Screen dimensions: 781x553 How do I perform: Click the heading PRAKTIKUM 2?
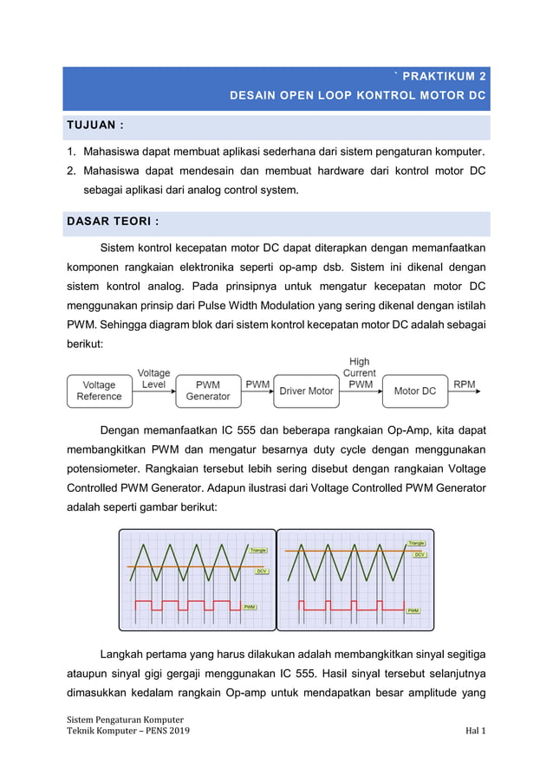tap(446, 76)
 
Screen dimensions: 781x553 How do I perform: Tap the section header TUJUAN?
tap(95, 126)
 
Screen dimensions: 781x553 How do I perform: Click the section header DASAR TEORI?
tap(113, 222)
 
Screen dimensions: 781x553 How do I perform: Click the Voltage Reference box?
tap(100, 390)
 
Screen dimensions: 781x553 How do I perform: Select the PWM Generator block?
tap(208, 390)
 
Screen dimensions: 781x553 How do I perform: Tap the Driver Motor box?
tap(306, 390)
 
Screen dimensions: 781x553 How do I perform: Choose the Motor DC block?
tap(414, 390)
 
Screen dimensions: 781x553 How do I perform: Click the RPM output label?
tap(465, 384)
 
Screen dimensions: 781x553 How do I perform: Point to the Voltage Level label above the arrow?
tap(154, 378)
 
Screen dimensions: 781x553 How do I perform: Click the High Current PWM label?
tap(359, 373)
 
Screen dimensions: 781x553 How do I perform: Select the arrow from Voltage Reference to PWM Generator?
tap(154, 391)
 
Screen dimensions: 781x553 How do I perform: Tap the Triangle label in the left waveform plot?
tap(257, 550)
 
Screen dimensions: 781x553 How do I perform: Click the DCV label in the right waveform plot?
tap(420, 554)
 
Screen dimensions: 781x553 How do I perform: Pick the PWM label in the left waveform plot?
tap(250, 607)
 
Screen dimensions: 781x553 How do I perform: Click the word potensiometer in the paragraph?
tap(102, 468)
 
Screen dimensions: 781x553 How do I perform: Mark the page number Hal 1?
tap(475, 732)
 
